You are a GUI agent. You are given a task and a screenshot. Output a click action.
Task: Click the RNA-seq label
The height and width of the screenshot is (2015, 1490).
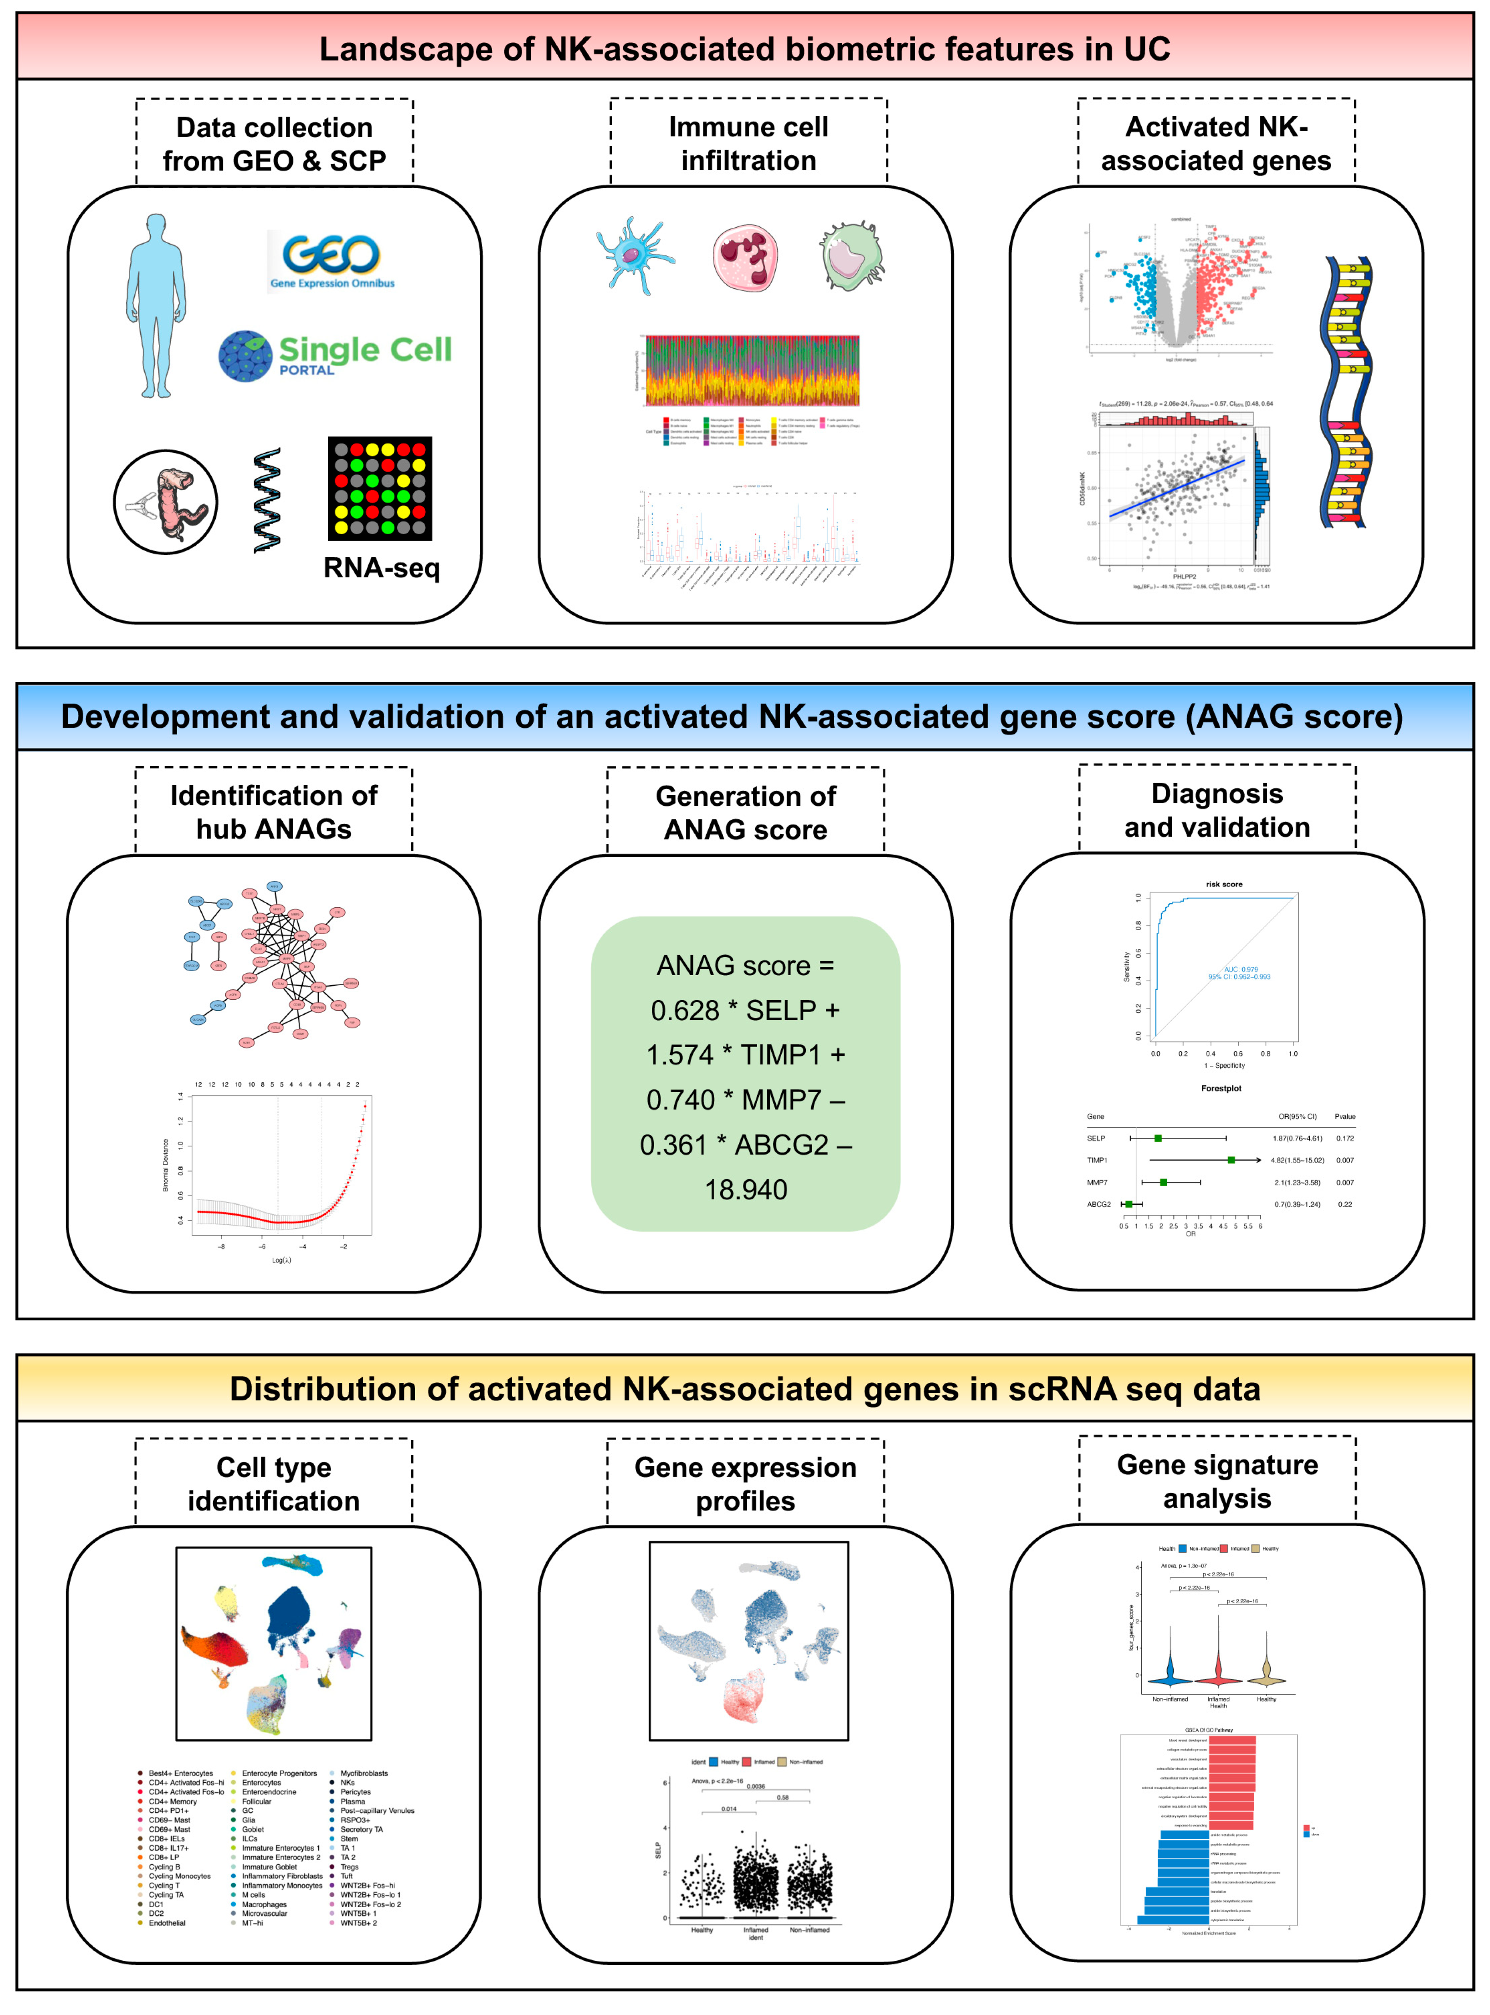tap(381, 568)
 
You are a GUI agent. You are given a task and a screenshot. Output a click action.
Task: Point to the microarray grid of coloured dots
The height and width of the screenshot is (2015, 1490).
tap(380, 488)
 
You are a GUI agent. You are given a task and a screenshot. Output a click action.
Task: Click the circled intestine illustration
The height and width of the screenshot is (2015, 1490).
tap(166, 502)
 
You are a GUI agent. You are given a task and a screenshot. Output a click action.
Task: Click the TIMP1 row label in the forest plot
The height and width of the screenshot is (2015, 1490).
tap(1097, 1161)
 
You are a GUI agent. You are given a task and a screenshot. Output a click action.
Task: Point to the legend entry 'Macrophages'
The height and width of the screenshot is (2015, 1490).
tap(264, 1905)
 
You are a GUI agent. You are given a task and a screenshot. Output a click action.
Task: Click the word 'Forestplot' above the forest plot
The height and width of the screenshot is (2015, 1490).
tap(1221, 1088)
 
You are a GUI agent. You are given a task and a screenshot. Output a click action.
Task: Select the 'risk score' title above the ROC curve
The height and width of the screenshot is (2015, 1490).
tap(1224, 885)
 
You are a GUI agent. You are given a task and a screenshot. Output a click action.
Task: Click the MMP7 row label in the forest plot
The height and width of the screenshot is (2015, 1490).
tap(1097, 1182)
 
